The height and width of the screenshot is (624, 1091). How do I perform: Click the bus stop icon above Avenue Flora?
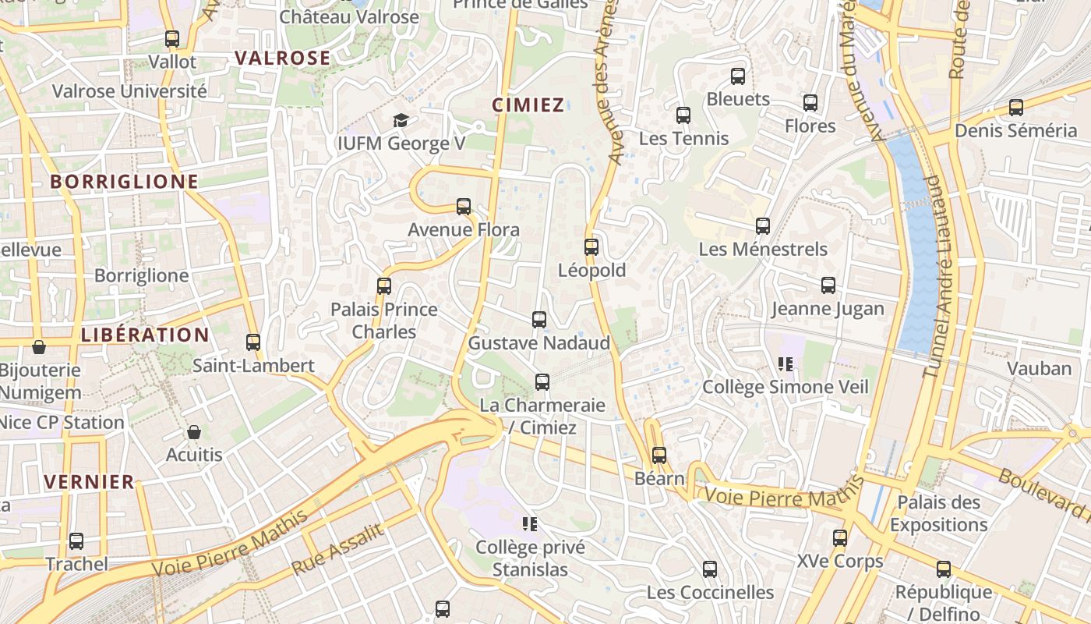point(464,207)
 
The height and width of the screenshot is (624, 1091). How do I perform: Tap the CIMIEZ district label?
point(528,105)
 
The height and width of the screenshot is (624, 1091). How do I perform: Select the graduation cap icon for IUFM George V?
point(401,120)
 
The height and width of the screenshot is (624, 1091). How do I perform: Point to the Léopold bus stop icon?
point(591,247)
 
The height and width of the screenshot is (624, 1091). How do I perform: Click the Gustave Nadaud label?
point(538,343)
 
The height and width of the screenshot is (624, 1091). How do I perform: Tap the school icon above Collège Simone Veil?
point(786,363)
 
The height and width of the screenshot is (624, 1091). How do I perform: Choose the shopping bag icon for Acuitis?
point(194,431)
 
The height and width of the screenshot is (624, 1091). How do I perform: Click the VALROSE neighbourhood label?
point(283,58)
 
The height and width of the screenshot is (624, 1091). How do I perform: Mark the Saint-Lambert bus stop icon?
point(253,342)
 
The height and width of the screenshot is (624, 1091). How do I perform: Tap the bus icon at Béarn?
point(659,455)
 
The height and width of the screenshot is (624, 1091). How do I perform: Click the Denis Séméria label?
point(1015,130)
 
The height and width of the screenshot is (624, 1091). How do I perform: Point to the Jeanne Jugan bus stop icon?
point(828,285)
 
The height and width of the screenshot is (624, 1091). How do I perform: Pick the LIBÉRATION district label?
point(145,335)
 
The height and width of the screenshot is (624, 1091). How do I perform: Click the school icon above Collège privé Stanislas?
point(530,523)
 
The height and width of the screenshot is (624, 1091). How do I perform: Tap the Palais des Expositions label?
point(938,513)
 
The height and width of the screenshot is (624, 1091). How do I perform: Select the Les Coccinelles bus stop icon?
point(710,569)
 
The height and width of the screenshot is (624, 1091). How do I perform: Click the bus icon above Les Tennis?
point(683,115)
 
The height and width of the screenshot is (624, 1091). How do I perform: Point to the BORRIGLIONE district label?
point(125,182)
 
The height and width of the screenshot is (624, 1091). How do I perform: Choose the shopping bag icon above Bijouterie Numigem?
point(39,346)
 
